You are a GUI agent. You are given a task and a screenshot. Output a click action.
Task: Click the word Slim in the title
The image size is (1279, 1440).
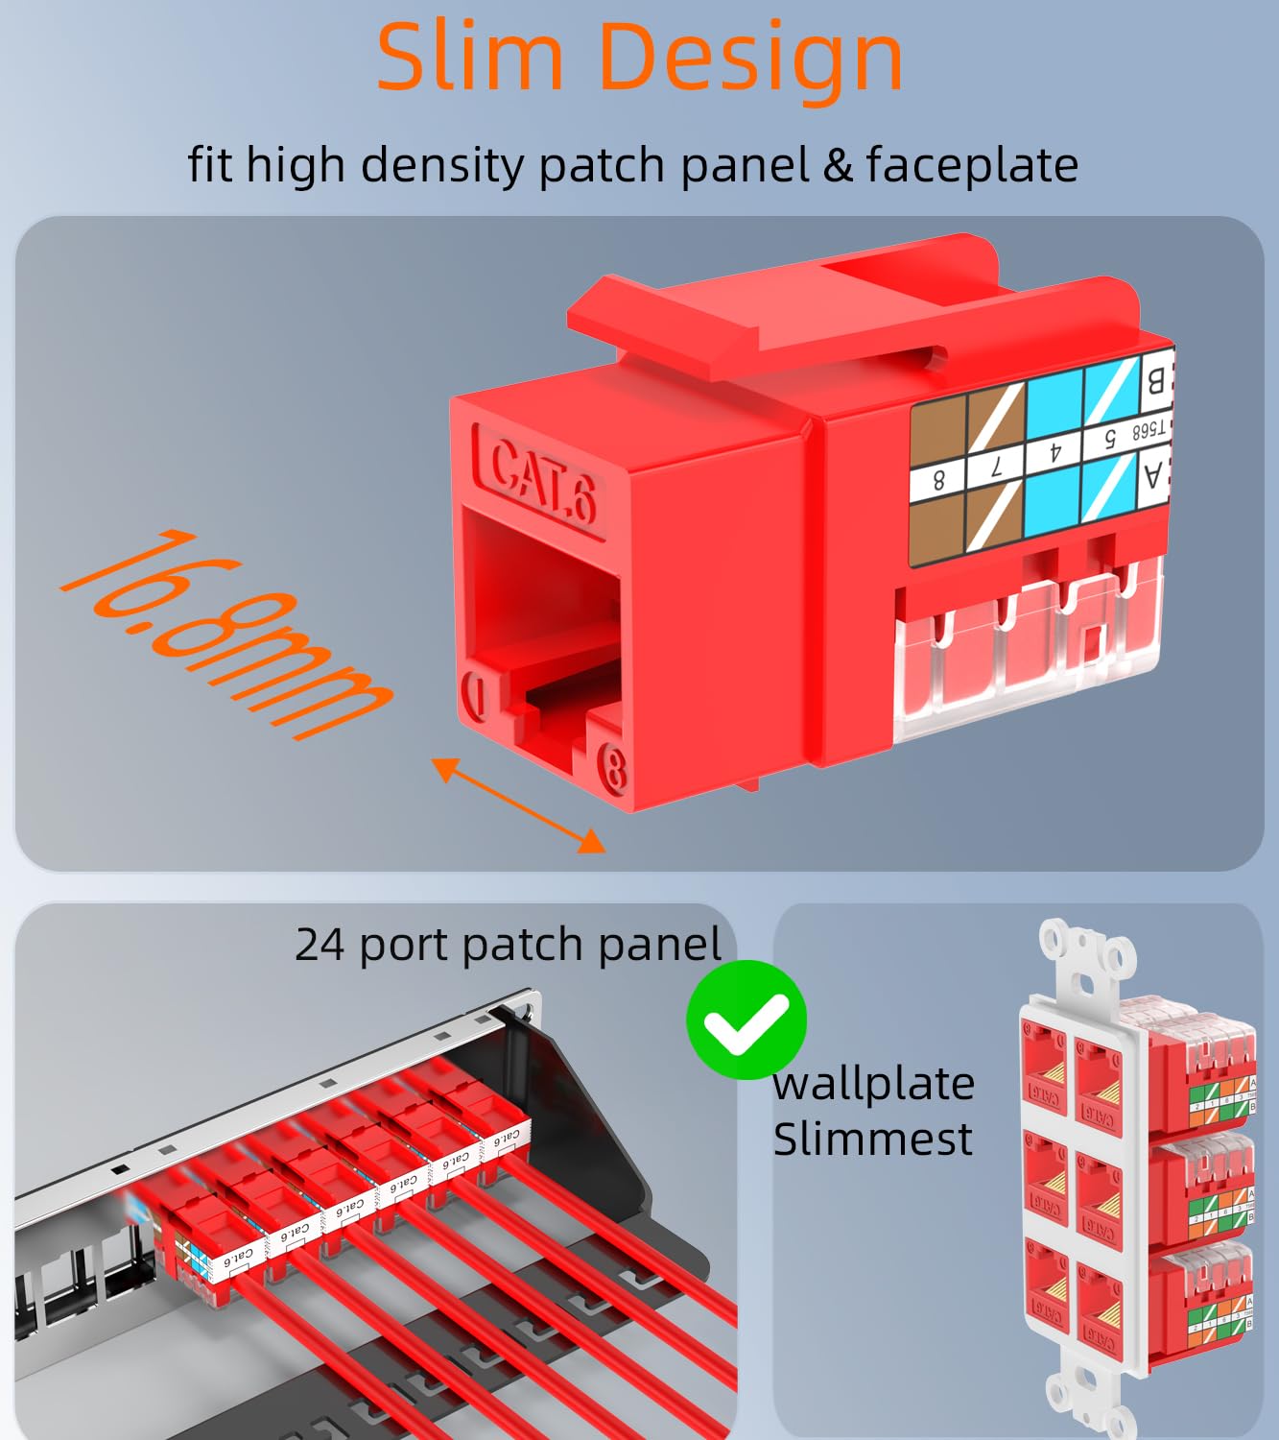coord(469,58)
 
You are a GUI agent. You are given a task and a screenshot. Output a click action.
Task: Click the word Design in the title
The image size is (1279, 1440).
coord(750,58)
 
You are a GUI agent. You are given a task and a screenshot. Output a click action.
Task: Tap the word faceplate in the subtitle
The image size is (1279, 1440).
coord(972,165)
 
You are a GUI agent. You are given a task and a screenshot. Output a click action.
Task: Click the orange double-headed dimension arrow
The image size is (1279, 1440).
coord(518,804)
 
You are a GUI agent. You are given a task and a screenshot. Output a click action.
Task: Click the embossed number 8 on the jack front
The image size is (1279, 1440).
coord(612,767)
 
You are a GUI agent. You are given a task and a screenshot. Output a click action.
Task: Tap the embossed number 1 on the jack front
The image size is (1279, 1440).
coord(474,694)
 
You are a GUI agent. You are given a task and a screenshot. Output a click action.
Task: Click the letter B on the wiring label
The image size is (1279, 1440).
coord(1155,381)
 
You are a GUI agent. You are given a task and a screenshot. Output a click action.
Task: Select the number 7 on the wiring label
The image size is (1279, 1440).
coord(996,468)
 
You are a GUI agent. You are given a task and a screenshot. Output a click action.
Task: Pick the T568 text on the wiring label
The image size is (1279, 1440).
coord(1149,429)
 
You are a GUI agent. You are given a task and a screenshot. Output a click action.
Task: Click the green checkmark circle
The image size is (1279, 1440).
coord(746,1020)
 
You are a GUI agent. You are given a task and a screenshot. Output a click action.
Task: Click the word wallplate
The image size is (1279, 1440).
coord(873,1084)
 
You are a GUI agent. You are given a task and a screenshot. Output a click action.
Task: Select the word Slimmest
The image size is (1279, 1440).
coord(872,1140)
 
